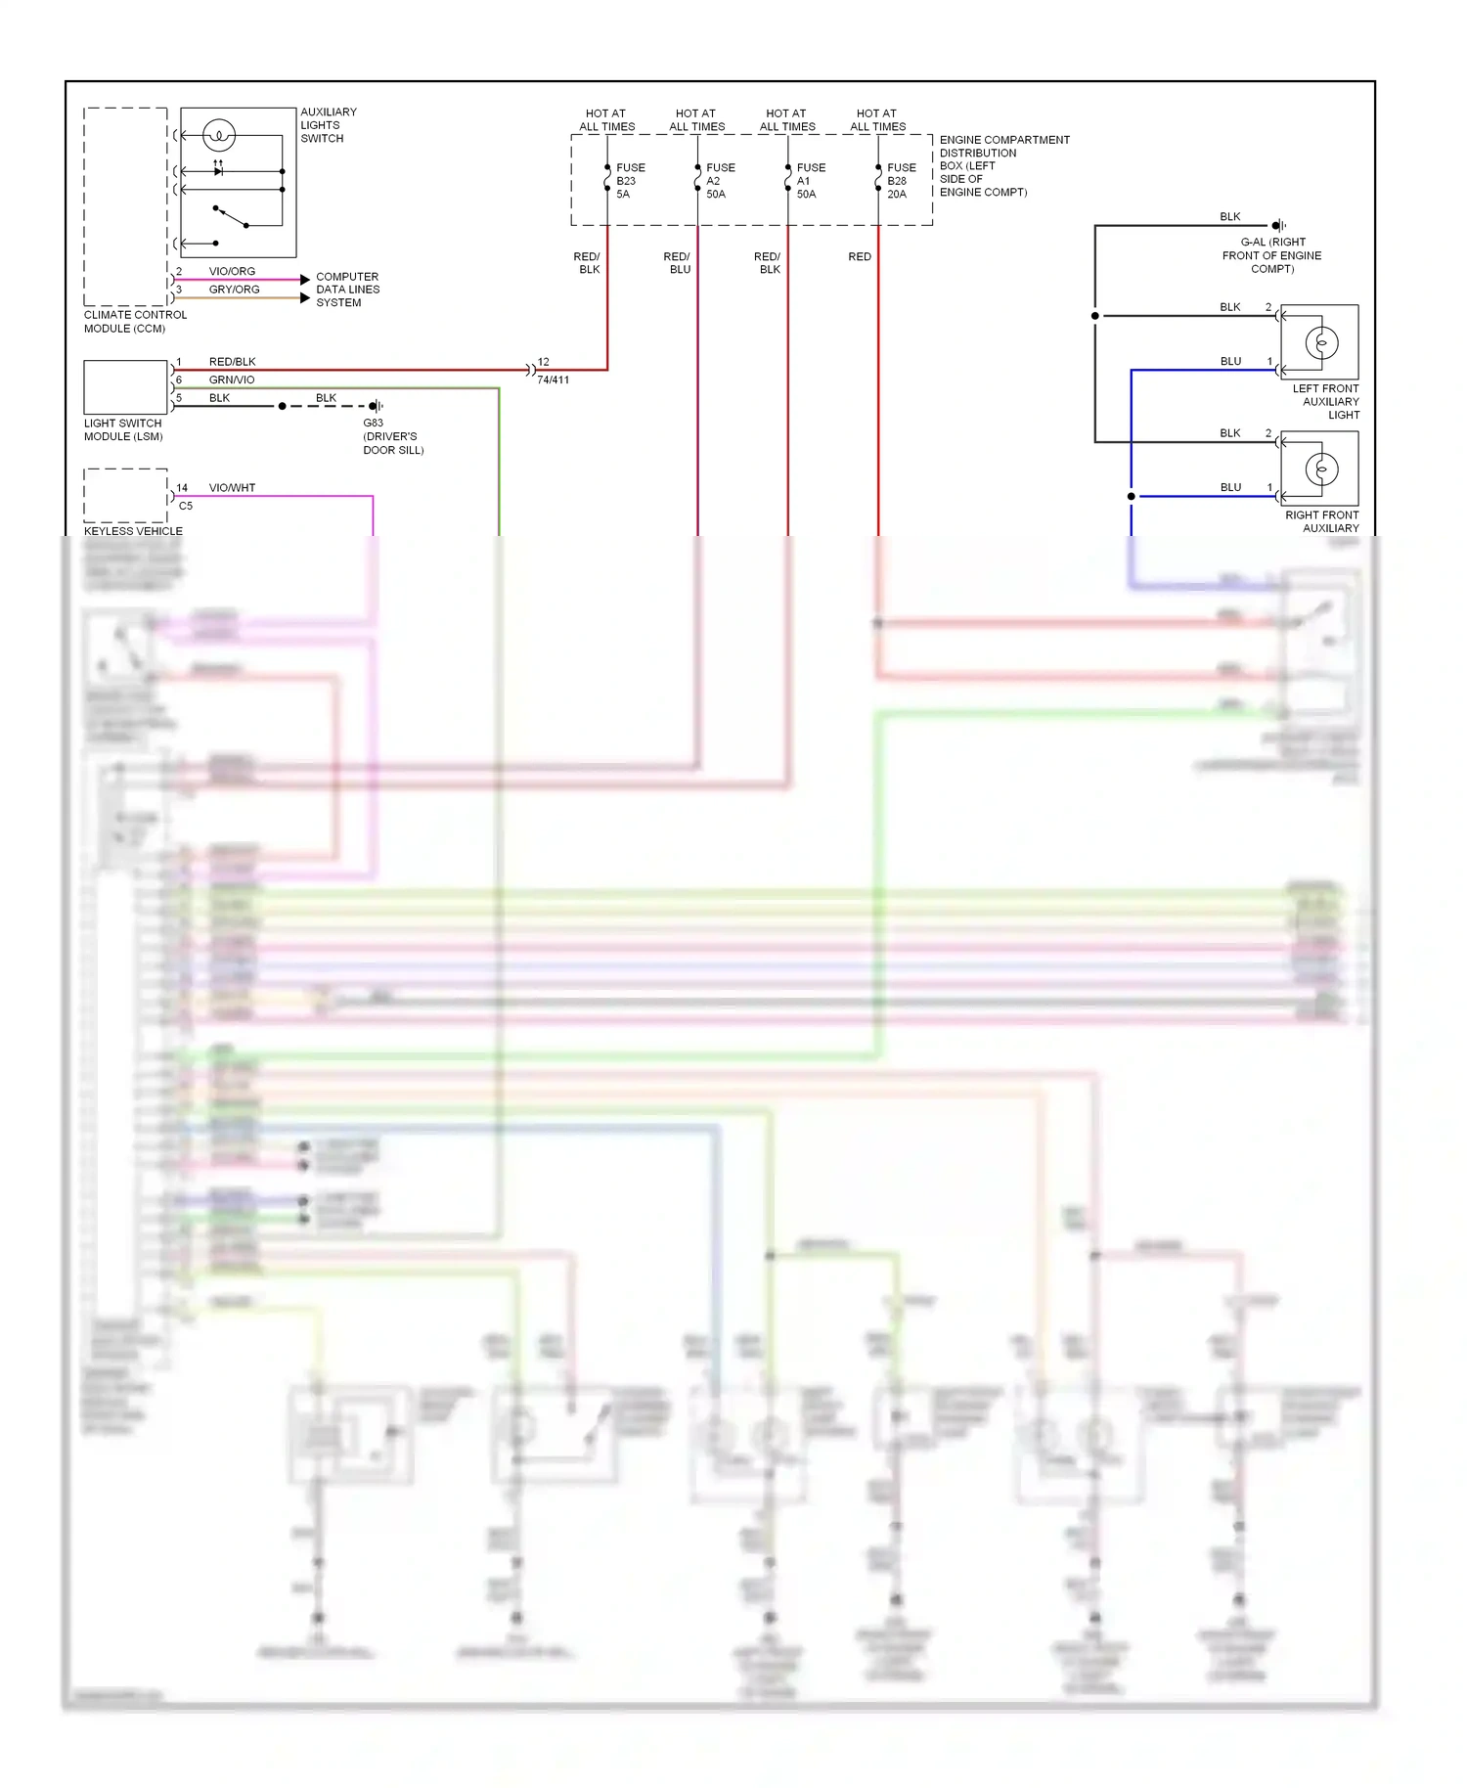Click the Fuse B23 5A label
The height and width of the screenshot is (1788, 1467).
(x=629, y=181)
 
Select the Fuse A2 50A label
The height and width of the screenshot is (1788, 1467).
(x=720, y=181)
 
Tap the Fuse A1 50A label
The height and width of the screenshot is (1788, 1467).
(x=810, y=181)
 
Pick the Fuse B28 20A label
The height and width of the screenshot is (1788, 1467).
(x=900, y=181)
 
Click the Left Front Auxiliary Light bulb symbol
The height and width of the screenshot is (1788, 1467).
(x=1321, y=343)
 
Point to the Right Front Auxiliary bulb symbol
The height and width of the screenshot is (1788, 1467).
(x=1321, y=469)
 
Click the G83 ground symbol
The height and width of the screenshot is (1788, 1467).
(x=376, y=406)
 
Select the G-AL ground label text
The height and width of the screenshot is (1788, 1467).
(x=1271, y=255)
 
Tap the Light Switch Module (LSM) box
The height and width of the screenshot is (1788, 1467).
(x=125, y=387)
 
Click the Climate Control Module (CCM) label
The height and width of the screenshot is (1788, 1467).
(x=135, y=322)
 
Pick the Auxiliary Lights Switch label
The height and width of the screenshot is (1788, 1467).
(x=328, y=125)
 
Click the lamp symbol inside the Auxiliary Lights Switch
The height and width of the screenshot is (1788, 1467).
(x=219, y=135)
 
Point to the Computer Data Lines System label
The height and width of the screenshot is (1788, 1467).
(x=347, y=290)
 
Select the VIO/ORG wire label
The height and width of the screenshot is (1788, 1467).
(x=232, y=271)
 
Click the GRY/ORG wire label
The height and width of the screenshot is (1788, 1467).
(x=234, y=290)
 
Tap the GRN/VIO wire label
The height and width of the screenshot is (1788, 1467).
(x=232, y=380)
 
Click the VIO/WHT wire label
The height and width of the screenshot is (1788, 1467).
(x=232, y=487)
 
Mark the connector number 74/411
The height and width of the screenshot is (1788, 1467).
(x=553, y=380)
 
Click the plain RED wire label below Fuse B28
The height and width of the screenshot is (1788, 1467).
(x=859, y=256)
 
